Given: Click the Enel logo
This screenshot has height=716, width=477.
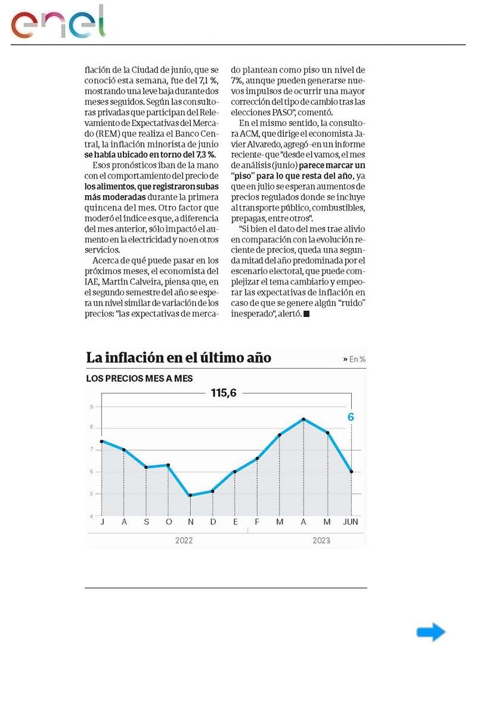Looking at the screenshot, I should point(58,23).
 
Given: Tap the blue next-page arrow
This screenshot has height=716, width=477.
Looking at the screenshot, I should point(430,632).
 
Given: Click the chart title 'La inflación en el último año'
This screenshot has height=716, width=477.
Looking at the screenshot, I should point(179,358).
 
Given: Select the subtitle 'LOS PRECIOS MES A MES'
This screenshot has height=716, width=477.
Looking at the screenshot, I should point(140,378).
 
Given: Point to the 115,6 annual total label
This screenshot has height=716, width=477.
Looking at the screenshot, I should point(224,393).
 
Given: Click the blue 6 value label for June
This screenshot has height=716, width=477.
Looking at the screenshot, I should point(351,417).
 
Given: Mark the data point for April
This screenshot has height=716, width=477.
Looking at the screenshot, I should point(303,419).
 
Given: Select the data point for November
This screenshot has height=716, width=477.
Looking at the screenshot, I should point(190,495).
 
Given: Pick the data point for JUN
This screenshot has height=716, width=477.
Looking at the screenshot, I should point(351,471).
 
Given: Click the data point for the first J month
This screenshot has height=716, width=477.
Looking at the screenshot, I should point(102,441).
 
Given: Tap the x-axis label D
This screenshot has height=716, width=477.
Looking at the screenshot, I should point(213,523).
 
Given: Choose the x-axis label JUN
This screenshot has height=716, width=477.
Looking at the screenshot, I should point(351,523).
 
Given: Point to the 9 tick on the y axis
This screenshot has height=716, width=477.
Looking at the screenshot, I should point(92,407).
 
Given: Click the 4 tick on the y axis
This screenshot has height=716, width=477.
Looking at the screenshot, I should point(92,516).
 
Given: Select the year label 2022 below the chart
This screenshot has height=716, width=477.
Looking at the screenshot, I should point(184,541).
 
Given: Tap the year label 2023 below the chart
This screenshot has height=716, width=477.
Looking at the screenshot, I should point(321,541).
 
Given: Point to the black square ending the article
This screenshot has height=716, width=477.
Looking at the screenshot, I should point(306,314).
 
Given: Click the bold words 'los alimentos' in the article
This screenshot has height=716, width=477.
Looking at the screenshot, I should point(109,186).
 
